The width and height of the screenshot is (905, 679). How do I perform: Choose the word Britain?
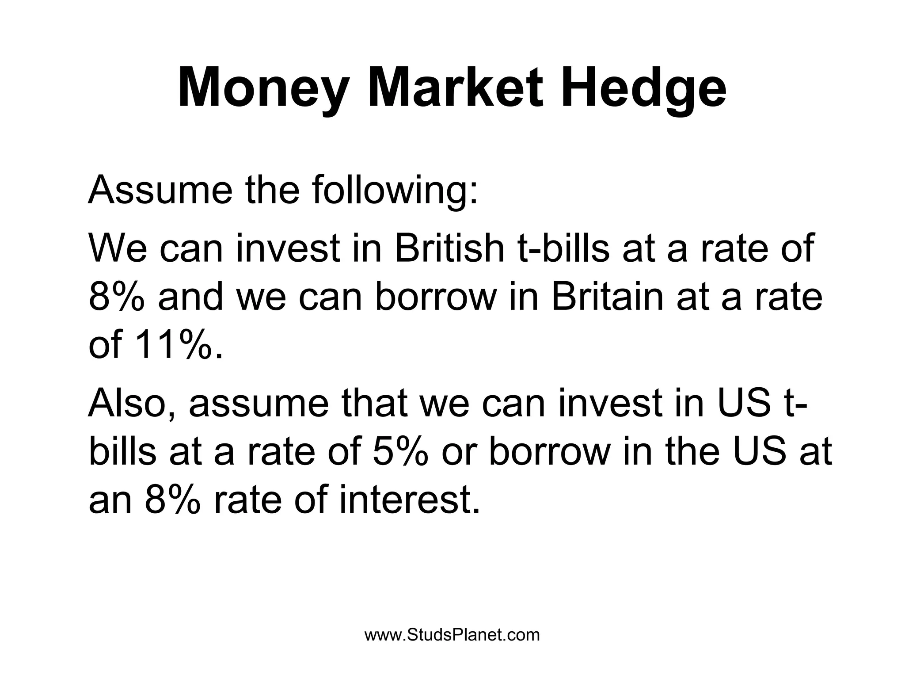(x=608, y=298)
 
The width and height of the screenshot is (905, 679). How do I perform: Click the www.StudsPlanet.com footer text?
(x=452, y=635)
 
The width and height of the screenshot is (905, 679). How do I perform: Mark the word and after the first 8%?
(x=190, y=298)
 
